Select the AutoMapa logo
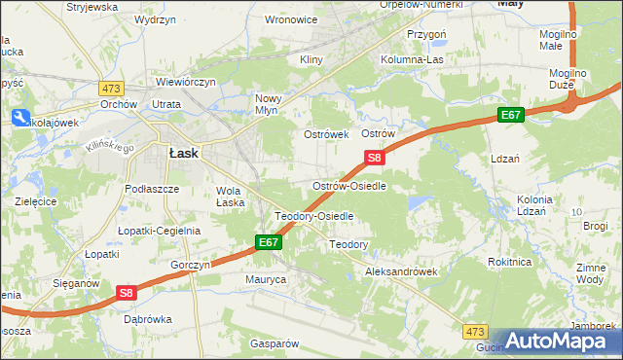[x=560, y=341]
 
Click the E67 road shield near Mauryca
[x=270, y=241]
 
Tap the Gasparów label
[x=274, y=343]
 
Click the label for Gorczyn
[x=190, y=265]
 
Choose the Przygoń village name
[x=425, y=33]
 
